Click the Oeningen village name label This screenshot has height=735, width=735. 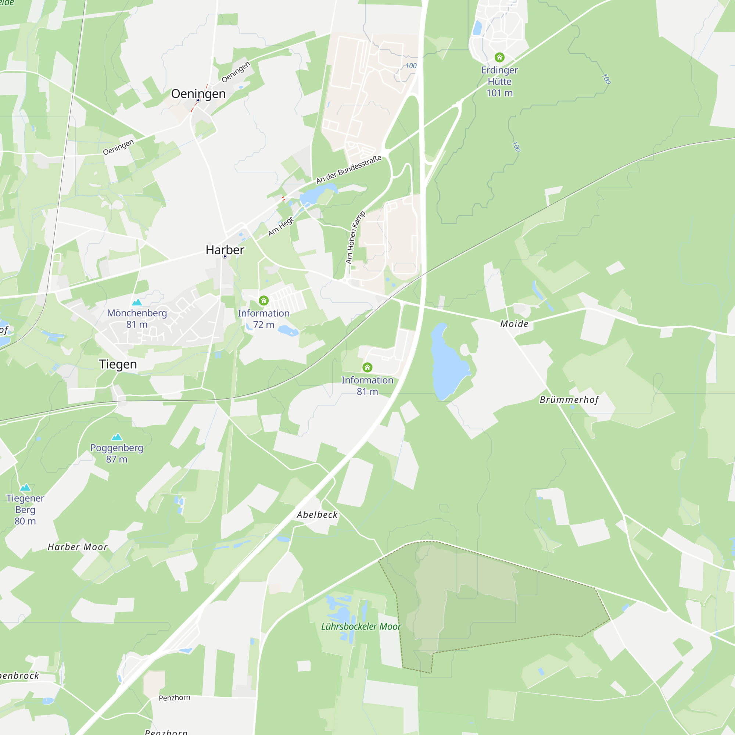pyautogui.click(x=198, y=94)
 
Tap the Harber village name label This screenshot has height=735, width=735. pyautogui.click(x=225, y=250)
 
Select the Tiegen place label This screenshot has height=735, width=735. pyautogui.click(x=118, y=365)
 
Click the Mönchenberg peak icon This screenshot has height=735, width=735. pyautogui.click(x=137, y=302)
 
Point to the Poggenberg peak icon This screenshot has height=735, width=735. pyautogui.click(x=117, y=437)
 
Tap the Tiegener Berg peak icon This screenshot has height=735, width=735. pyautogui.click(x=25, y=488)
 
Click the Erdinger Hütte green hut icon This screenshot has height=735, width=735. pyautogui.click(x=499, y=57)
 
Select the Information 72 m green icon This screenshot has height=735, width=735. pyautogui.click(x=263, y=301)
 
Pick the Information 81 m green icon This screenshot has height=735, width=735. pyautogui.click(x=367, y=367)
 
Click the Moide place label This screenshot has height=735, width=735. pyautogui.click(x=514, y=324)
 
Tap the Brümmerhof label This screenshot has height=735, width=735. pyautogui.click(x=569, y=400)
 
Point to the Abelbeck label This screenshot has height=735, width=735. pyautogui.click(x=317, y=515)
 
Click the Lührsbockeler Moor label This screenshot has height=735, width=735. pyautogui.click(x=361, y=627)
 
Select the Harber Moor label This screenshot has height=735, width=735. pyautogui.click(x=78, y=547)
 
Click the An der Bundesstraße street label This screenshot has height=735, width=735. pyautogui.click(x=349, y=169)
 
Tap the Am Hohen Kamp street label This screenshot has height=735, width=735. pyautogui.click(x=355, y=238)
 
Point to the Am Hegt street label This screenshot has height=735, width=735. pyautogui.click(x=281, y=227)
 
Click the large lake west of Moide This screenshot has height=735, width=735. pyautogui.click(x=448, y=361)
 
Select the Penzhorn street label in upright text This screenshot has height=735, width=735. pyautogui.click(x=174, y=698)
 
